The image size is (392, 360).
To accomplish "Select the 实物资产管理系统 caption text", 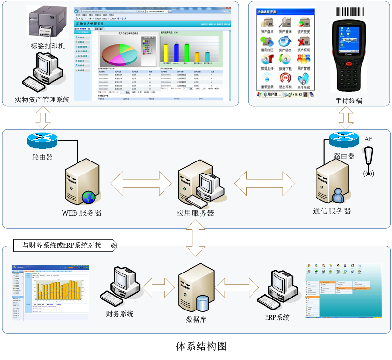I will click(42, 99).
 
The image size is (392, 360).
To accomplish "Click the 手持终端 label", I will click(349, 100).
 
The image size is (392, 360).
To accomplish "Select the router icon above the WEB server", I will click(42, 140).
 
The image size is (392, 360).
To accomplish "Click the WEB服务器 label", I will click(81, 212).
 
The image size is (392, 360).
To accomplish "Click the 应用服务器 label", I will click(195, 213).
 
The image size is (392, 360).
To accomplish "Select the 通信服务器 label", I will click(331, 211).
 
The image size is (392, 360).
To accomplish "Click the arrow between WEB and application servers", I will click(141, 183).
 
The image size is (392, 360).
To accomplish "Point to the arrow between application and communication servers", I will click(265, 183).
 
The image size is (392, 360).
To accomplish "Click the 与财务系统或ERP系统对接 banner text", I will click(62, 245).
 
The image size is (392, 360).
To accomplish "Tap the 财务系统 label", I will click(120, 314).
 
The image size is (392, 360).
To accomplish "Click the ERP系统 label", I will click(277, 317).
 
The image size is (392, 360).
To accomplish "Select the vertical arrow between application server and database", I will click(196, 240).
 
